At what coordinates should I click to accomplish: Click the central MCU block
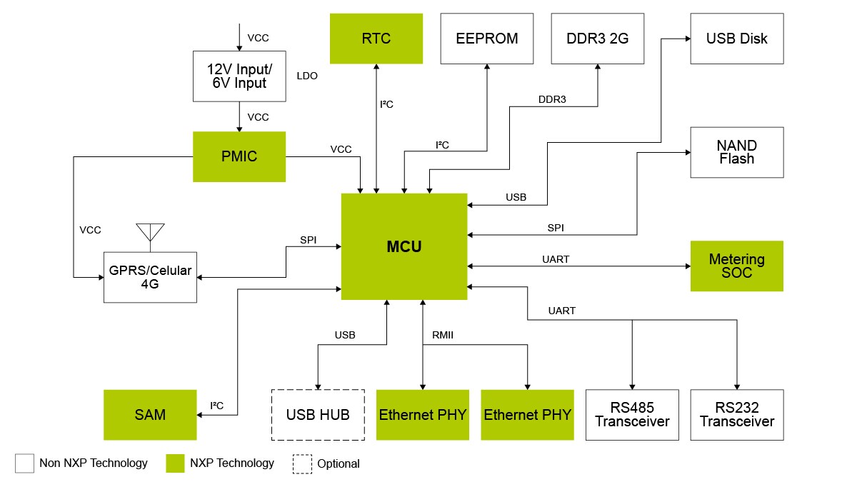[x=404, y=246]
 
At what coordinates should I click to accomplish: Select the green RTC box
[x=376, y=39]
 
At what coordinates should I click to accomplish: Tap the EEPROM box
[x=487, y=39]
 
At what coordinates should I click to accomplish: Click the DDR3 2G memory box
[x=598, y=39]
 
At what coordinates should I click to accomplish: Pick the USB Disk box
[x=736, y=39]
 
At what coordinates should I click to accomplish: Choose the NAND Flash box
[x=736, y=152]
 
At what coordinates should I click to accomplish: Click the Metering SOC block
[x=736, y=266]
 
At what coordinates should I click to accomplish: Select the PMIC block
[x=239, y=156]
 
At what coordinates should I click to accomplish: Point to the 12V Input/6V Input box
[x=239, y=76]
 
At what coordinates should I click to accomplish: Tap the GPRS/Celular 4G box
[x=150, y=277]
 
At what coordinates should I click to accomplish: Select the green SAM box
[x=150, y=415]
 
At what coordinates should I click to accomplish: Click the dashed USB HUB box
[x=318, y=415]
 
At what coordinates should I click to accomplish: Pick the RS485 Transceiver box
[x=632, y=415]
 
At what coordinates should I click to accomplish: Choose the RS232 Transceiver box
[x=736, y=415]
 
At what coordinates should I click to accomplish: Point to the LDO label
[x=306, y=76]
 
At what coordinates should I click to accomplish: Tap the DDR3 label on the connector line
[x=552, y=100]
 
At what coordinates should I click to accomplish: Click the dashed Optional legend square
[x=302, y=463]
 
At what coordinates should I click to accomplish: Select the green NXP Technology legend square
[x=176, y=463]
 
